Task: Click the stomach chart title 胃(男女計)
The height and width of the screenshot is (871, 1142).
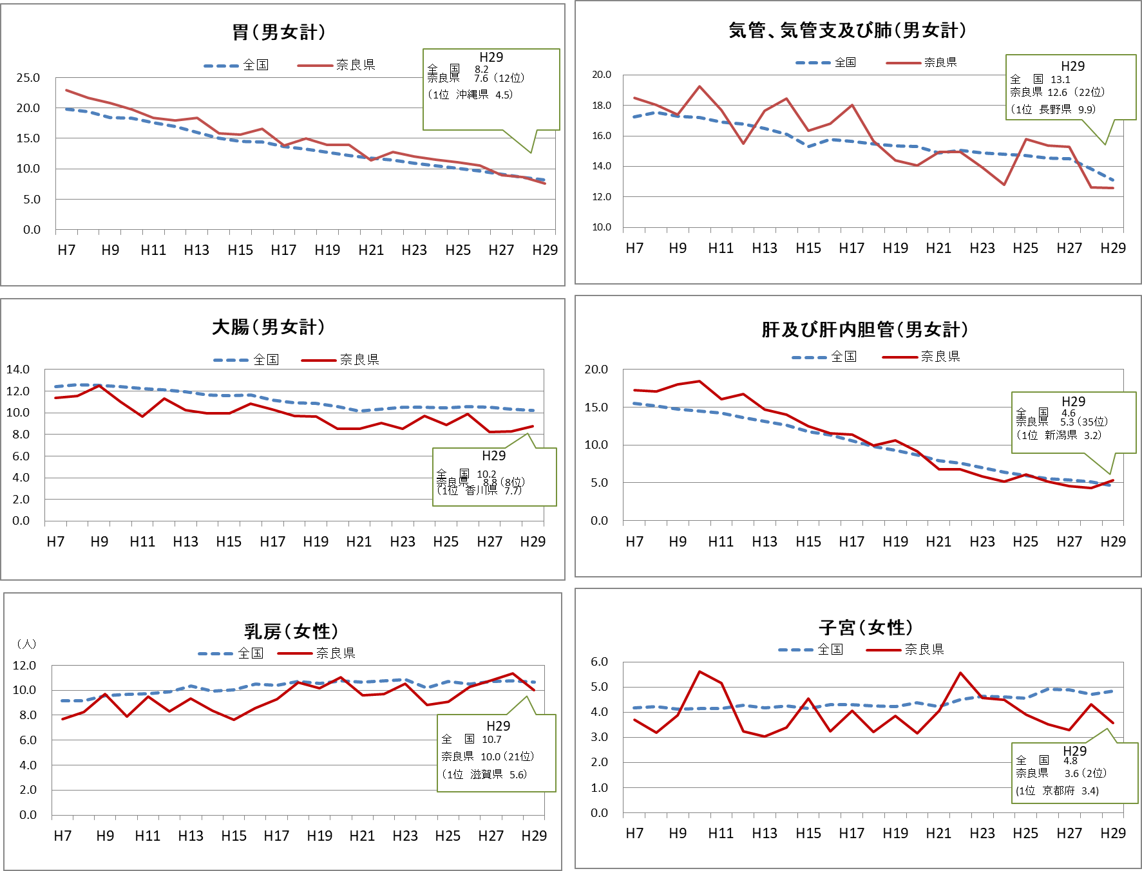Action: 279,32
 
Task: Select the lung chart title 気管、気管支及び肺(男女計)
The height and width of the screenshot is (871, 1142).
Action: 848,30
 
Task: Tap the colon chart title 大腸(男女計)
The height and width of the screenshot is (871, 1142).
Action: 269,327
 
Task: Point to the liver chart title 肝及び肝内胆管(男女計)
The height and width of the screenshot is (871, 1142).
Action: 865,330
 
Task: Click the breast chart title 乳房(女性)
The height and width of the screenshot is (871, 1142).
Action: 291,632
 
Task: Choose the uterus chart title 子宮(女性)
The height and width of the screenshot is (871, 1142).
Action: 866,627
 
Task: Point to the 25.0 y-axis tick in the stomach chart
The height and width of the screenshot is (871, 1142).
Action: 28,78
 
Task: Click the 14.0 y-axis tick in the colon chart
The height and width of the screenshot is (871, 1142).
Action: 18,370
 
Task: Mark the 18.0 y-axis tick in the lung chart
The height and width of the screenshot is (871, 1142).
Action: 602,106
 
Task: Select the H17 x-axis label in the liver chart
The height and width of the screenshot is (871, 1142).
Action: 852,542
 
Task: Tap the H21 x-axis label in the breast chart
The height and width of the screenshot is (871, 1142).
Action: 362,836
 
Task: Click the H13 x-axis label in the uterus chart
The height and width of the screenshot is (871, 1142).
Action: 765,834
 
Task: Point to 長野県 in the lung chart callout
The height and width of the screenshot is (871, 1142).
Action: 1055,109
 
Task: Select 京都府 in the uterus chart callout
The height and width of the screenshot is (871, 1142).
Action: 1058,791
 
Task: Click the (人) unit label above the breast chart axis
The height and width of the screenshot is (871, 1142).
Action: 26,644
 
